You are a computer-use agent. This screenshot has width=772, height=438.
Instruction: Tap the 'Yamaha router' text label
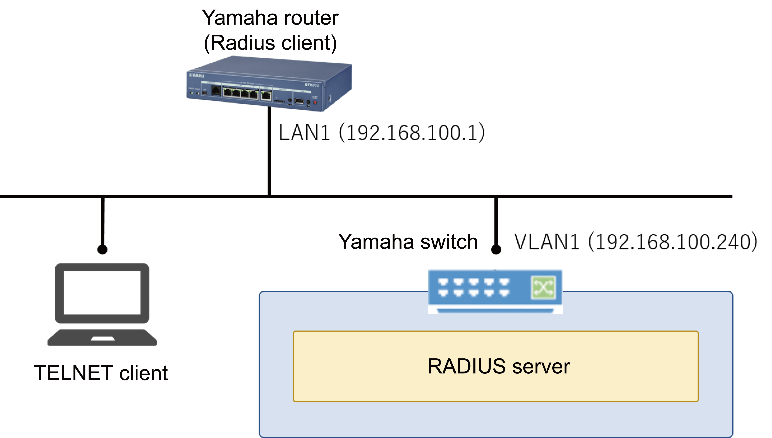click(270, 18)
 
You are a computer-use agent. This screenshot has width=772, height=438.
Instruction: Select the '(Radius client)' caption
click(270, 43)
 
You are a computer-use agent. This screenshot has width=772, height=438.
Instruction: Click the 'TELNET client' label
click(101, 373)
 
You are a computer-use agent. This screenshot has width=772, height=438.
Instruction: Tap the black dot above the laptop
click(102, 249)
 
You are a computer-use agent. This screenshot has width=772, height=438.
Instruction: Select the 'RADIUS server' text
click(499, 366)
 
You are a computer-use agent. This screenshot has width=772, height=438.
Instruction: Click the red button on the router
click(315, 103)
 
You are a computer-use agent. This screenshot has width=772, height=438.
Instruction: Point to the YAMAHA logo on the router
click(197, 75)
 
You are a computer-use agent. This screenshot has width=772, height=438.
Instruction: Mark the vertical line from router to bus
click(269, 150)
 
